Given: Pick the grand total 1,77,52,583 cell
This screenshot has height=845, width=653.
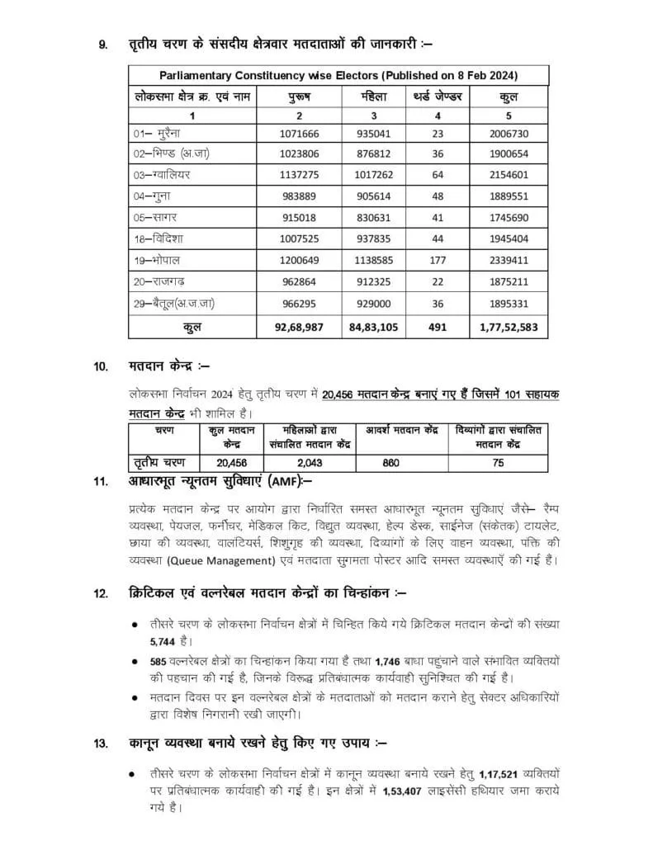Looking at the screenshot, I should pyautogui.click(x=509, y=326).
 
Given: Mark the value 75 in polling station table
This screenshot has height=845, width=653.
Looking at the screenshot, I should pyautogui.click(x=498, y=463).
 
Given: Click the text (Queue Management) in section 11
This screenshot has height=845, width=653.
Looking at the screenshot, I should pyautogui.click(x=220, y=561).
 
